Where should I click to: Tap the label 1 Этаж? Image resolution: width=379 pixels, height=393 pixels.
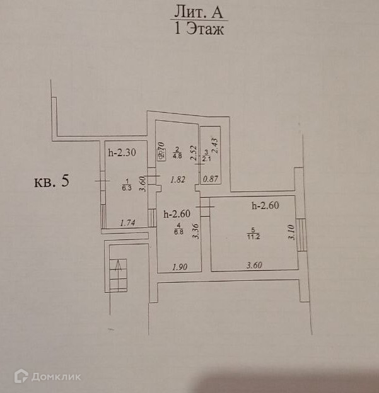[x=197, y=29]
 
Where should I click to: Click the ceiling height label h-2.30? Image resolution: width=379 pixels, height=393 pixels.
[x=123, y=152]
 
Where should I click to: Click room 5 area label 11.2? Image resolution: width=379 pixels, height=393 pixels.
[x=252, y=237]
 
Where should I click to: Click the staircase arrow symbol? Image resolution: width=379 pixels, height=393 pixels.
[x=117, y=271]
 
